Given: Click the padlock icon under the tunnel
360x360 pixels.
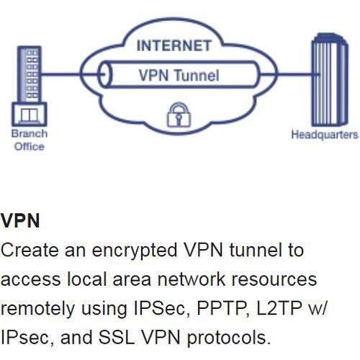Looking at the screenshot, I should coord(176,114).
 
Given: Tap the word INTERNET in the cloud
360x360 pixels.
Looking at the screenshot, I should coord(174,47).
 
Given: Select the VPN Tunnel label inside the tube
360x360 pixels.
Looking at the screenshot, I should coord(179,75).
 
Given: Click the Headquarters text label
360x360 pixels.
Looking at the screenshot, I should coord(324,135).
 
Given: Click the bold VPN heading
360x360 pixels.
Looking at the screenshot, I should coord(20,220).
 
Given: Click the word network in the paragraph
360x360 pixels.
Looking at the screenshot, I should coord(184,279).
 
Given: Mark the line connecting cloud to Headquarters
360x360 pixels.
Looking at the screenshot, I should coord(288,74).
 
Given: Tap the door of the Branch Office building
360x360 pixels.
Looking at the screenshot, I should coord(30,115).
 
